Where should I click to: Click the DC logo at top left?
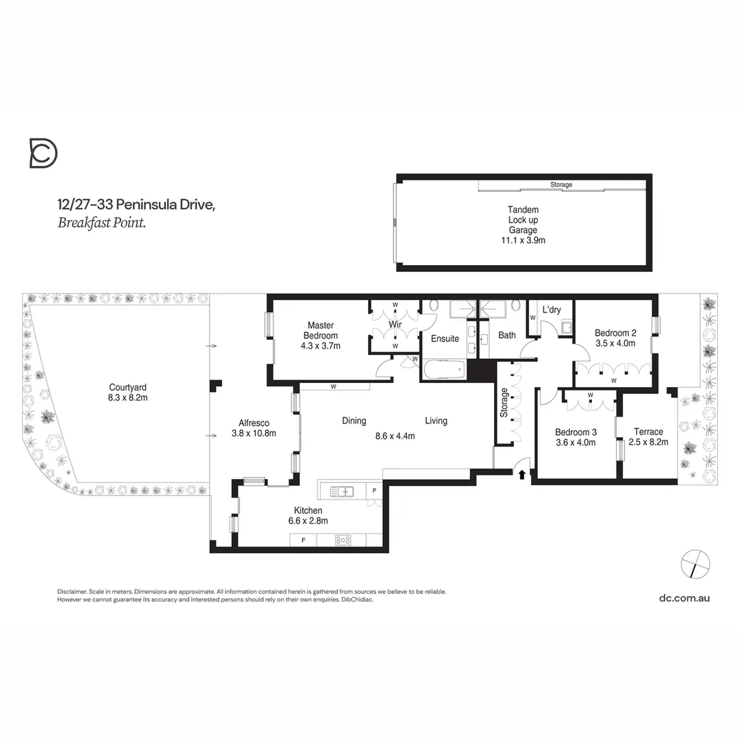(43, 153)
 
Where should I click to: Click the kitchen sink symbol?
(341, 491)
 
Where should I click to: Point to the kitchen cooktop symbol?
(343, 541)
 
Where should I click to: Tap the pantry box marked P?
(374, 491)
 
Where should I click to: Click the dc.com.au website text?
(684, 597)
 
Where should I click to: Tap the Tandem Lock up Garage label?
(523, 225)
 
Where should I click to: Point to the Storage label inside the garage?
(561, 185)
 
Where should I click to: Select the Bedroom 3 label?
(575, 437)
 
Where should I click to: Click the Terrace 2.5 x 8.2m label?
(648, 437)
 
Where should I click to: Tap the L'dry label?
(552, 310)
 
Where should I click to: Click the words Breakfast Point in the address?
(101, 222)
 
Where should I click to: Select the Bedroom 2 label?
(615, 338)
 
